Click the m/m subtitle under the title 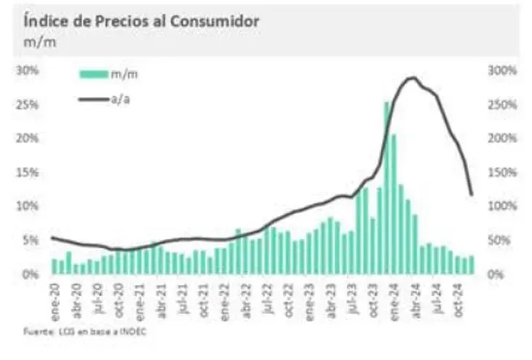tap(36, 42)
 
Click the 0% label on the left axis tap(31, 274)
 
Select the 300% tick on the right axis tap(502, 71)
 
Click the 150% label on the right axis tap(502, 172)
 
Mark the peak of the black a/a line tap(413, 77)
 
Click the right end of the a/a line tap(472, 195)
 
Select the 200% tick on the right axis tap(502, 138)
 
